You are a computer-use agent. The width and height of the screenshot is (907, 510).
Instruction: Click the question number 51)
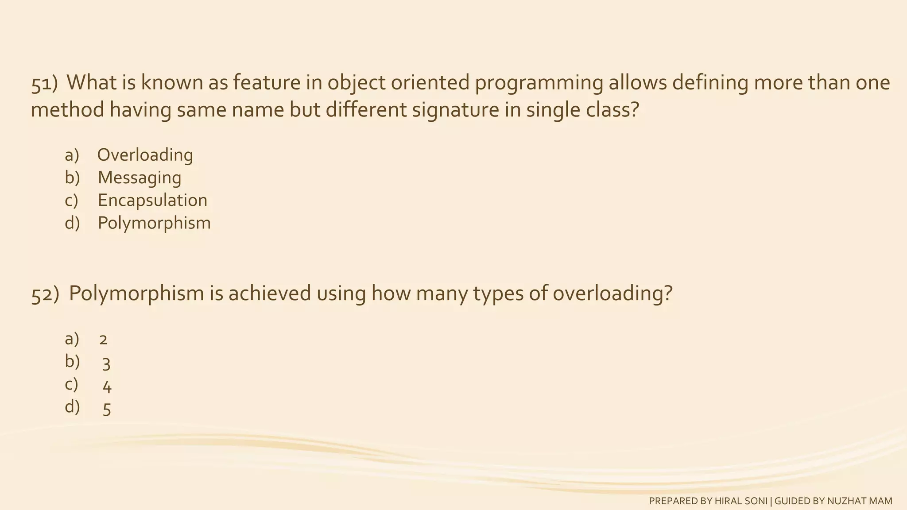pyautogui.click(x=44, y=84)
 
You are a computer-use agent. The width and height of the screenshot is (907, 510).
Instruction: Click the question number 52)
pyautogui.click(x=45, y=295)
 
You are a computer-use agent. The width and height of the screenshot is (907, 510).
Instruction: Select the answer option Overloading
pyautogui.click(x=145, y=155)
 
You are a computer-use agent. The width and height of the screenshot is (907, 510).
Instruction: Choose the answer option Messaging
pyautogui.click(x=140, y=178)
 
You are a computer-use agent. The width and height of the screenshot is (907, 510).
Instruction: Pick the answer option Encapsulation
pyautogui.click(x=152, y=201)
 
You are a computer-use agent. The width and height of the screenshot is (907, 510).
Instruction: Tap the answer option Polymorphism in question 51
pyautogui.click(x=154, y=223)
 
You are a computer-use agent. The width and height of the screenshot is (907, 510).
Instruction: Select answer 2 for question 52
pyautogui.click(x=104, y=340)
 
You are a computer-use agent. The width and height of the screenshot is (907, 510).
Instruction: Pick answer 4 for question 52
pyautogui.click(x=107, y=387)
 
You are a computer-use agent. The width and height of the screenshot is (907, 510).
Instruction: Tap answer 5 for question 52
pyautogui.click(x=107, y=409)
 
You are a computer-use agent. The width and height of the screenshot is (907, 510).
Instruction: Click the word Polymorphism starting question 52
pyautogui.click(x=136, y=294)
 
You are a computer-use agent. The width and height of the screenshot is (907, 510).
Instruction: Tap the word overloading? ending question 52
pyautogui.click(x=612, y=294)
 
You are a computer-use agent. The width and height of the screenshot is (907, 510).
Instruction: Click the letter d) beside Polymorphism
pyautogui.click(x=72, y=223)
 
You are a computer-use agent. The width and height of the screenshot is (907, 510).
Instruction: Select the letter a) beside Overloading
pyautogui.click(x=72, y=155)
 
